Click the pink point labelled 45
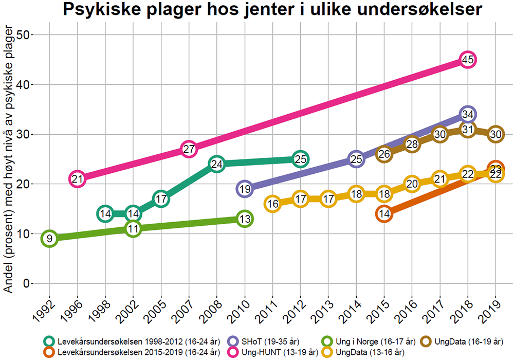(x=467, y=60)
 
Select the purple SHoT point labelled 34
(x=467, y=114)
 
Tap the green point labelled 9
(x=49, y=239)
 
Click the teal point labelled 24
(x=217, y=164)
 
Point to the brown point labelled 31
(x=467, y=129)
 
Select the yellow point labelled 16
(x=273, y=204)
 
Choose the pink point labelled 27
(x=189, y=149)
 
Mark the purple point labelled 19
(x=245, y=189)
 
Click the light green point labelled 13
(x=245, y=219)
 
